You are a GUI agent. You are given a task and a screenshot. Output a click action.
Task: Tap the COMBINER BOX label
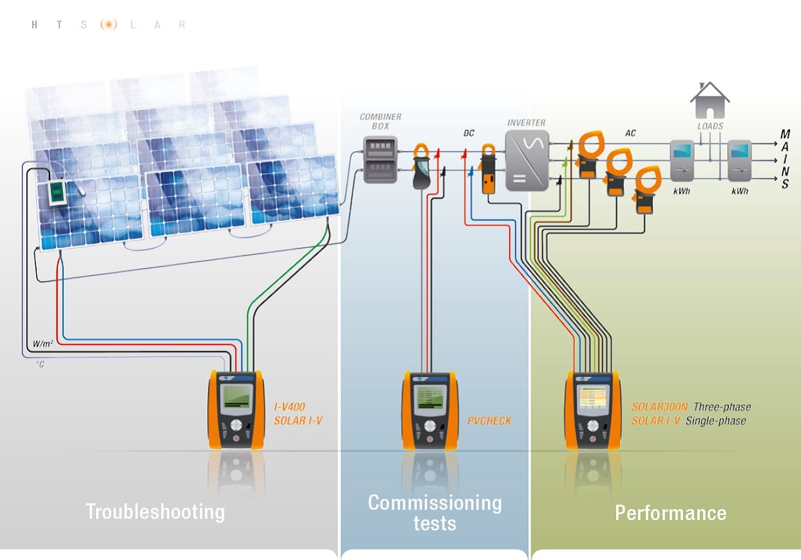click(381, 122)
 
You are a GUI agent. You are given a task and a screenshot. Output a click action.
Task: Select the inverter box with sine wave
click(526, 160)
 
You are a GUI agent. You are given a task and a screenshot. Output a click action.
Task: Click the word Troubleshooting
click(155, 512)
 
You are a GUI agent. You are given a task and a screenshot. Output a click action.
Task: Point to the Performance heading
click(670, 513)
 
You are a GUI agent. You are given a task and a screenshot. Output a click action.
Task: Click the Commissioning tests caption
click(435, 512)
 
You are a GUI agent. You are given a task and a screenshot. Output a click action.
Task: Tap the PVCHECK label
click(489, 421)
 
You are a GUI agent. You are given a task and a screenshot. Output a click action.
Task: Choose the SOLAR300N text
click(659, 407)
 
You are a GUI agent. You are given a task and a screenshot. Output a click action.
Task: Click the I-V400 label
click(289, 407)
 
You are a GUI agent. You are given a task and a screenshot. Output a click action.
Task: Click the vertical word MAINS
click(786, 159)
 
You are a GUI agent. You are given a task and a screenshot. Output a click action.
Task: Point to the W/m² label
click(42, 344)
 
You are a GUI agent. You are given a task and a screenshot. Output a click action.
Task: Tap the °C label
click(41, 364)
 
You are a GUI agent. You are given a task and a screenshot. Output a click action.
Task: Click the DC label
click(469, 133)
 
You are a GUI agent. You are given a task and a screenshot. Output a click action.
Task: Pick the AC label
click(631, 133)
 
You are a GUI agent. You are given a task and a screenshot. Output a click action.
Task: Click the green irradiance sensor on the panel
click(56, 192)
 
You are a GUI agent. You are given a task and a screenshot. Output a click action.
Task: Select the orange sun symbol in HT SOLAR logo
click(109, 25)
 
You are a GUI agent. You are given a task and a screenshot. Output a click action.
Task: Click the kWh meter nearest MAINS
click(740, 161)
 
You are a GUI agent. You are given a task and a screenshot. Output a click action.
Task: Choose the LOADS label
click(710, 126)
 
